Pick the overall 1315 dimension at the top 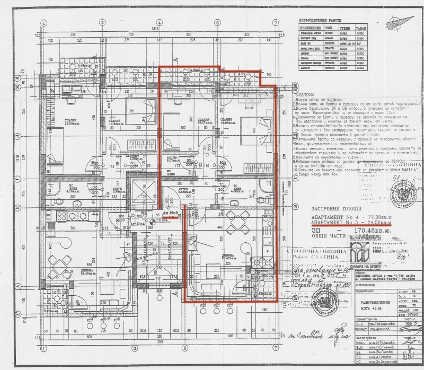156,28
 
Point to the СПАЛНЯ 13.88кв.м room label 226,121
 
